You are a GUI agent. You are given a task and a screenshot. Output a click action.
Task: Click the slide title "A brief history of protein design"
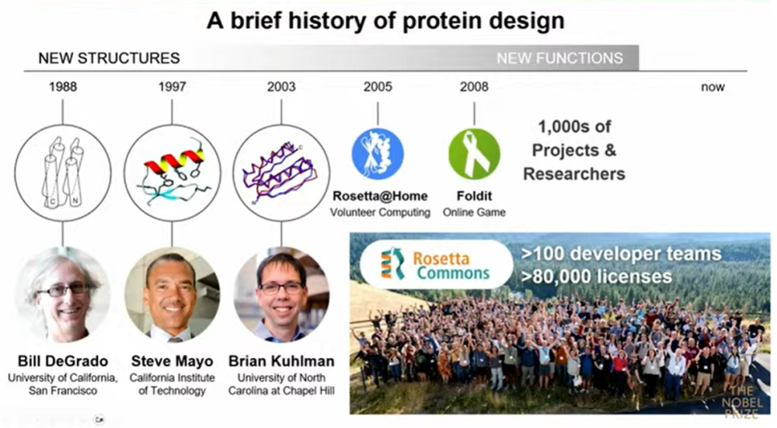385,21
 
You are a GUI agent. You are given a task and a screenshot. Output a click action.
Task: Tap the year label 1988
63,87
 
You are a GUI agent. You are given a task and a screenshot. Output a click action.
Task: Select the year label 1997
172,87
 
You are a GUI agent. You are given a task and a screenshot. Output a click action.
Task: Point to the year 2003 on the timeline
281,87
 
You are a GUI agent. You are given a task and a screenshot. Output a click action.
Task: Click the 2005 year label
378,87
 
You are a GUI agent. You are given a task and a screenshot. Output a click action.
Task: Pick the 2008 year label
474,87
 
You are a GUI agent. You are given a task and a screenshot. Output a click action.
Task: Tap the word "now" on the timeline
713,87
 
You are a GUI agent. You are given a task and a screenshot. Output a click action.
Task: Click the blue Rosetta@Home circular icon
378,154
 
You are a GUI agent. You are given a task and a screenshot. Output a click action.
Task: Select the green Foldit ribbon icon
474,154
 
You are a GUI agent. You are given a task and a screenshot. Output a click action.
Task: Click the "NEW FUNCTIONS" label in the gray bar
559,58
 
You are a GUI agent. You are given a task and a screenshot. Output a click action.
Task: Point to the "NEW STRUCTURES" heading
109,58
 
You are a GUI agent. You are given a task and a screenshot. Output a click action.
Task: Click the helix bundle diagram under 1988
63,173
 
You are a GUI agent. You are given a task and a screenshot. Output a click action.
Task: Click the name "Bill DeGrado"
63,361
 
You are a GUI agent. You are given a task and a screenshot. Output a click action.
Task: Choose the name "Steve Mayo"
172,361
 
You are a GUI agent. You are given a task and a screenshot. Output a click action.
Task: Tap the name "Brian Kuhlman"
281,361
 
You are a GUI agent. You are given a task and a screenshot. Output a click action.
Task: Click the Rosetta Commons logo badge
436,265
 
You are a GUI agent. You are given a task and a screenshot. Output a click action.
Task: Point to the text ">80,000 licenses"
596,277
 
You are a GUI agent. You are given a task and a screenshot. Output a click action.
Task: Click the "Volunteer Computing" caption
380,213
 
